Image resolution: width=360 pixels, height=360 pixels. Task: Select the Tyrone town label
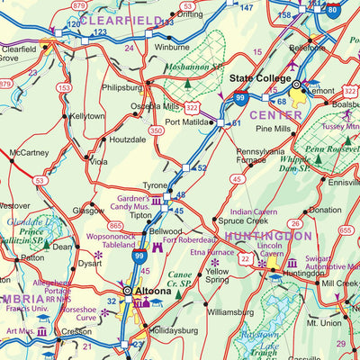point(157,184)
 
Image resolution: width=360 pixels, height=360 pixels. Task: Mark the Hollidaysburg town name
point(174,330)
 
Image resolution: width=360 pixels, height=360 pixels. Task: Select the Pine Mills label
point(274,130)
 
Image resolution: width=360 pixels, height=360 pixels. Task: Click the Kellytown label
point(87,117)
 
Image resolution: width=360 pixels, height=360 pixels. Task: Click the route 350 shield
point(157,130)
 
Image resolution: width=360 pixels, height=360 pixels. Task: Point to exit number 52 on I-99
point(202,168)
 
